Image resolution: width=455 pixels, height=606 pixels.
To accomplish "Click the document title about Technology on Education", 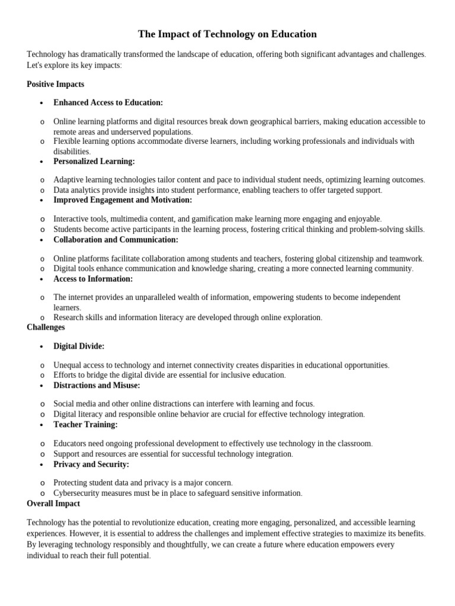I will coord(227,34).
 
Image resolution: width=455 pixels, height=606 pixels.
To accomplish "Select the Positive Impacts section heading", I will coord(56,84).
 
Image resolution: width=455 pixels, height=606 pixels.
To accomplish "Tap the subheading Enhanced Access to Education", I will coord(108,102).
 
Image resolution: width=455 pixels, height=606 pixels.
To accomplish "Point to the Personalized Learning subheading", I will coord(94,161).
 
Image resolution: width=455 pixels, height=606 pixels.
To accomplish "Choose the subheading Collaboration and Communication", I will coord(116,240).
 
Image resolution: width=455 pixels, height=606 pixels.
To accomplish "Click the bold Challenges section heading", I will coord(46,327).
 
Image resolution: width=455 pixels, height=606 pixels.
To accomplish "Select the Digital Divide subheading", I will coord(79,346).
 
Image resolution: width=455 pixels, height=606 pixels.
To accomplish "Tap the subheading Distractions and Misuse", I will coord(97,385).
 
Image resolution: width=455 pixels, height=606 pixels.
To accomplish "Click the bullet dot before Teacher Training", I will coord(41,425).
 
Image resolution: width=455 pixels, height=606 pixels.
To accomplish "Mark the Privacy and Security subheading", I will coord(91,464).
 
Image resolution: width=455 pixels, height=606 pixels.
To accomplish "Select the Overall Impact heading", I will coord(53,504).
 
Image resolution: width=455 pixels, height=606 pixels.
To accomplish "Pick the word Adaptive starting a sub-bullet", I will coord(68,179).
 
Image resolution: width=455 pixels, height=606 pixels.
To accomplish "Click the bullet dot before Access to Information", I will coord(41,279).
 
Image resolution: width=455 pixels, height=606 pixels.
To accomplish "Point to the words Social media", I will coord(75,404).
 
